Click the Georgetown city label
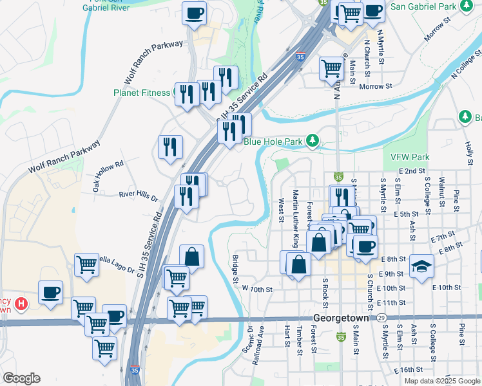pos(340,318)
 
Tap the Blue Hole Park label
pos(273,142)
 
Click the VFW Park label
pos(410,157)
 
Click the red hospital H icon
pos(21,302)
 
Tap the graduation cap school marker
pos(421,266)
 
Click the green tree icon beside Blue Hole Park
pos(313,140)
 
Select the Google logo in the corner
pos(21,378)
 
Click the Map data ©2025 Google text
pos(442,381)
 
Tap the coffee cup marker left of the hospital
pos(50,292)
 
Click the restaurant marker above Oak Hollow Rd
pos(170,146)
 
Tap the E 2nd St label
pos(412,171)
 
